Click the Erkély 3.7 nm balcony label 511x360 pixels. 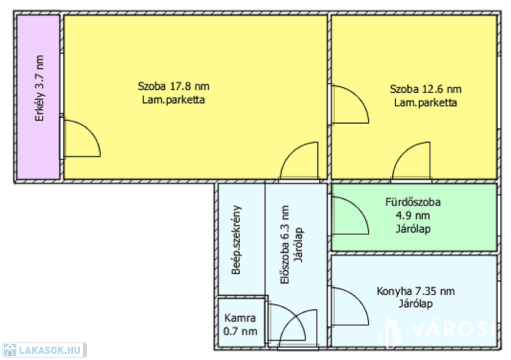pyautogui.click(x=39, y=88)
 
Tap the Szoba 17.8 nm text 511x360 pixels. pyautogui.click(x=173, y=86)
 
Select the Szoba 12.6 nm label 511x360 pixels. pyautogui.click(x=426, y=89)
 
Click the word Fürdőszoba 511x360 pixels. pyautogui.click(x=413, y=202)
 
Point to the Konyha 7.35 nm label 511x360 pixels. pyautogui.click(x=416, y=291)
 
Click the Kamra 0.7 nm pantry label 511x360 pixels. pyautogui.click(x=240, y=325)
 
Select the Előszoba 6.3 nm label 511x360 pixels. pyautogui.click(x=284, y=244)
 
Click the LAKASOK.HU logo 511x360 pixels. pyautogui.click(x=44, y=350)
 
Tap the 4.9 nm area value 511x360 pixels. pyautogui.click(x=413, y=215)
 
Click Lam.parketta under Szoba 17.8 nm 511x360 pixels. pyautogui.click(x=173, y=100)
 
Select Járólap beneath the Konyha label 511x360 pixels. pyautogui.click(x=416, y=304)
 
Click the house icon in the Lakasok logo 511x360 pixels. pyautogui.click(x=10, y=350)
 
